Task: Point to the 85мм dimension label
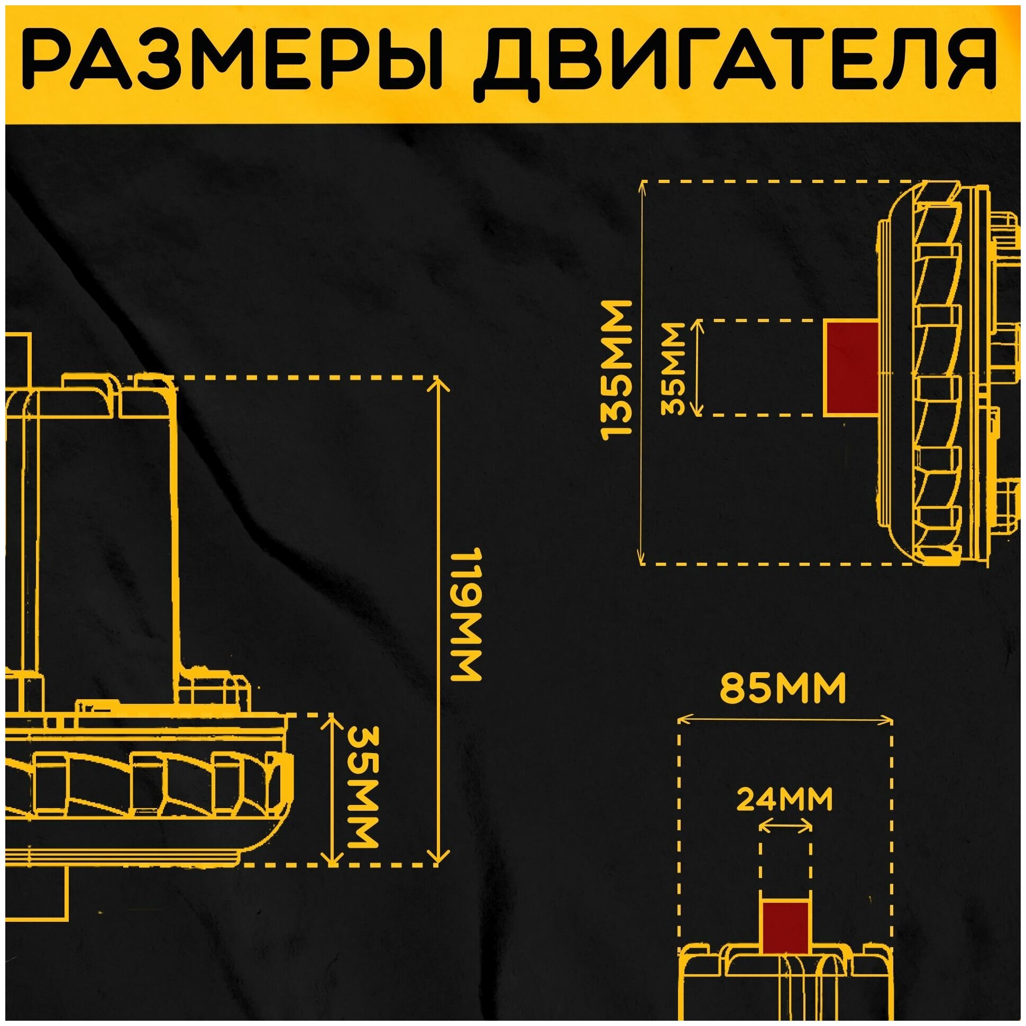click(783, 689)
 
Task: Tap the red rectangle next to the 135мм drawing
click(850, 367)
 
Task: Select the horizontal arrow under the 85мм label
click(785, 720)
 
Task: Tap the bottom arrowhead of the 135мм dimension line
click(643, 561)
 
